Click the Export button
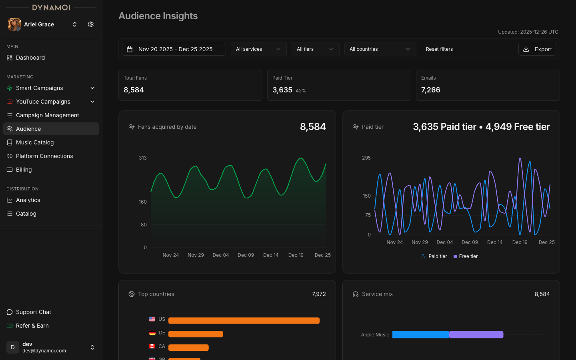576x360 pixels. (x=537, y=49)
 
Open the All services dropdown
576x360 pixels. (x=258, y=49)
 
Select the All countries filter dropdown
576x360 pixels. (x=380, y=49)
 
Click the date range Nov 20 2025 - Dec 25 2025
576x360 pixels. (x=174, y=49)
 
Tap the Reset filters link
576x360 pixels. (x=439, y=49)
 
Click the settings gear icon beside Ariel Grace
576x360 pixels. (x=91, y=24)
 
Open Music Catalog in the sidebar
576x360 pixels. (x=35, y=142)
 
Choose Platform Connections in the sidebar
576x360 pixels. (x=44, y=156)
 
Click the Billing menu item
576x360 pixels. (x=24, y=170)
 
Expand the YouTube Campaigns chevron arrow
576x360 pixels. (x=92, y=102)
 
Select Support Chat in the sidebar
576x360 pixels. (x=34, y=312)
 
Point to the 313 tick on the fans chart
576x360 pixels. (x=143, y=158)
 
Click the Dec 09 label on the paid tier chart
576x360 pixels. (x=470, y=242)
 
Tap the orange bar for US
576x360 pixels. (x=244, y=320)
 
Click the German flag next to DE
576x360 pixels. (x=152, y=333)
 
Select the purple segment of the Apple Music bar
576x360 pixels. (x=476, y=335)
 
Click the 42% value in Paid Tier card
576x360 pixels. (x=301, y=91)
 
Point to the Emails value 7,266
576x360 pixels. (x=430, y=90)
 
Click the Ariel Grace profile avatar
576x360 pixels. (x=14, y=24)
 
